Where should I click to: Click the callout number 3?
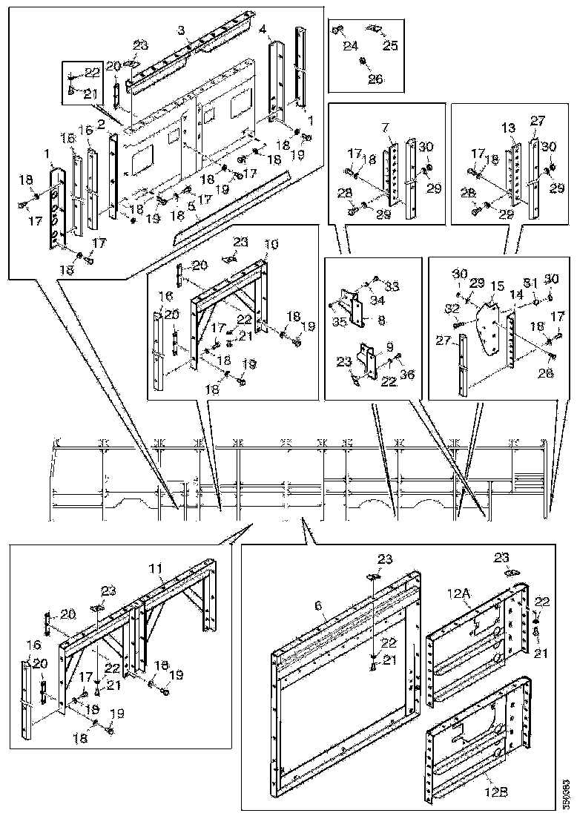click(x=181, y=30)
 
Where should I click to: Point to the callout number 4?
click(x=263, y=30)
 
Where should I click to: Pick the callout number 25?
click(x=389, y=46)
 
